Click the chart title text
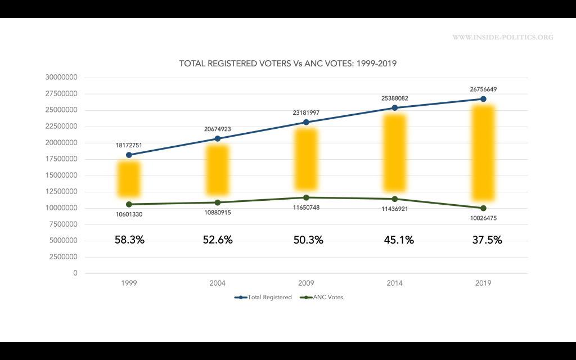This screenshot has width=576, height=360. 288,64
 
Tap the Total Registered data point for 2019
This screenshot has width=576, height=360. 483,99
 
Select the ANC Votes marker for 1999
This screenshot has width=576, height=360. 129,204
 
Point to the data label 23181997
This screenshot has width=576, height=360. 306,112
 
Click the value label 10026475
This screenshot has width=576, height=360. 483,218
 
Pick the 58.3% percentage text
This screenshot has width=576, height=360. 129,240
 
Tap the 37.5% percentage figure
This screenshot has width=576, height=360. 487,240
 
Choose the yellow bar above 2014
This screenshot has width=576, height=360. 395,153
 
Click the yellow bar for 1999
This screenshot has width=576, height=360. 129,179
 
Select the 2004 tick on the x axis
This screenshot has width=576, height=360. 217,283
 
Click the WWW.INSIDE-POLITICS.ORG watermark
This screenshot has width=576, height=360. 502,37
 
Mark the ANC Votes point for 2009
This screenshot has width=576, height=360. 306,197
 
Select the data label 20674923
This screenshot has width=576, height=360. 217,129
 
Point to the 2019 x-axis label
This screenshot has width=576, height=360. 483,283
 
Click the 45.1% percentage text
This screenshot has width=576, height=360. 399,240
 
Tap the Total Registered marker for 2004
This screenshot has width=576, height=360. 217,138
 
